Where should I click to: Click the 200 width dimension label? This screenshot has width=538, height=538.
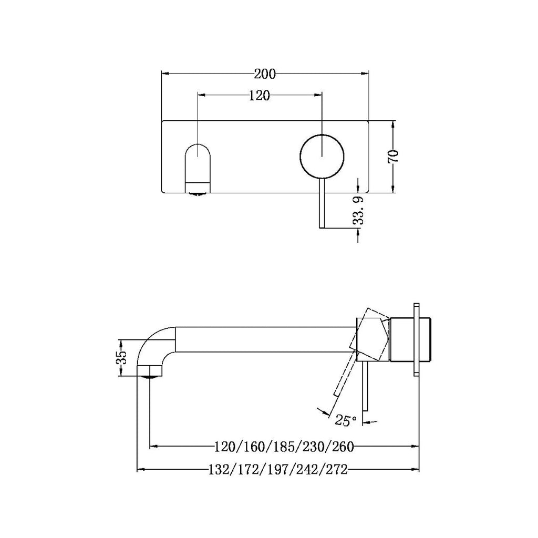click(x=265, y=74)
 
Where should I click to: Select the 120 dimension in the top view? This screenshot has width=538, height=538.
click(x=260, y=95)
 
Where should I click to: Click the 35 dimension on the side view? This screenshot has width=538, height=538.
click(x=121, y=357)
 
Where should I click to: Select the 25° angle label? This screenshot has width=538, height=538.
click(x=346, y=420)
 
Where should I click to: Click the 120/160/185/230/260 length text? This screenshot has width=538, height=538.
click(x=284, y=447)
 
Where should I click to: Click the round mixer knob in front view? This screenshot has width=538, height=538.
click(x=322, y=156)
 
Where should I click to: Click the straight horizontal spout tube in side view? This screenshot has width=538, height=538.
click(x=263, y=339)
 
